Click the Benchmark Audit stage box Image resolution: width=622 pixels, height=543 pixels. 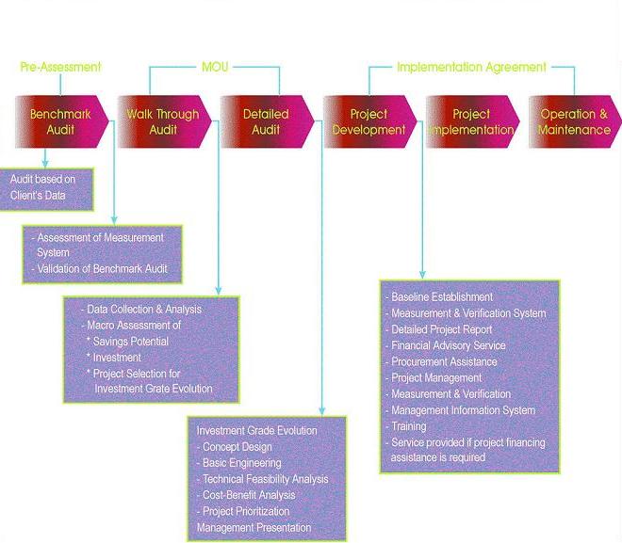tap(61, 121)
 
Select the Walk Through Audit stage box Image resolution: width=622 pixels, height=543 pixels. tap(164, 121)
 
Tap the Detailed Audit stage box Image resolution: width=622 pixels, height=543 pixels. tap(267, 121)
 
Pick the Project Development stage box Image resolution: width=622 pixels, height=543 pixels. tap(369, 121)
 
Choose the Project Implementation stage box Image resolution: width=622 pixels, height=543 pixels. tap(472, 121)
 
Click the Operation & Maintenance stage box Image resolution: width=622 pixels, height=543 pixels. tap(575, 121)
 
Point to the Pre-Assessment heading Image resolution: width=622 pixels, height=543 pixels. tap(60, 67)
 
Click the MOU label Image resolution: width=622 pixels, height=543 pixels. tap(215, 67)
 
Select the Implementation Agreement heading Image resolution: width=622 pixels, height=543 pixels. tap(471, 67)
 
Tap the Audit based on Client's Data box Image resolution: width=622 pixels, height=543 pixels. tap(46, 189)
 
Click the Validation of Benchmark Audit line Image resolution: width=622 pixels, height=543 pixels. tap(100, 269)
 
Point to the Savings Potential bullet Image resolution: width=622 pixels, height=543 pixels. tap(128, 342)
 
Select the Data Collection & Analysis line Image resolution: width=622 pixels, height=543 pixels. tap(141, 310)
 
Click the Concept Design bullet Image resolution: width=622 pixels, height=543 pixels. tap(235, 447)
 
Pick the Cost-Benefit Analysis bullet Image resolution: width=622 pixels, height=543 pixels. tap(246, 495)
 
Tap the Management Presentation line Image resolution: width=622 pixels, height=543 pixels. tap(254, 528)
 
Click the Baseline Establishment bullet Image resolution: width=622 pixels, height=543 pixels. tap(439, 297)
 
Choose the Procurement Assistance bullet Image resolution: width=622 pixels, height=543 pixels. tap(441, 361)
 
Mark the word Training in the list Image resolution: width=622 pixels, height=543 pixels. tap(409, 426)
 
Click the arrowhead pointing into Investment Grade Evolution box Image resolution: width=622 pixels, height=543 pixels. tap(321, 411)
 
